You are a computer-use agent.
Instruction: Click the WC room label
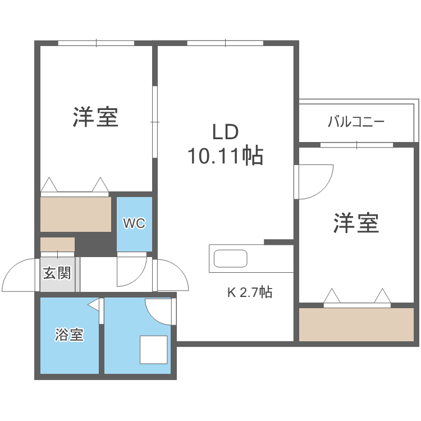(x=134, y=223)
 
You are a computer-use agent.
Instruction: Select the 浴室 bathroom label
(x=69, y=336)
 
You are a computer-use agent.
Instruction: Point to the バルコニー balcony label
(x=356, y=121)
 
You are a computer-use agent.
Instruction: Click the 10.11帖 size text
(x=225, y=155)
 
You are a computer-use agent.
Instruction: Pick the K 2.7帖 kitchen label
(x=249, y=292)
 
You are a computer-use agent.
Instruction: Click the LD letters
(x=225, y=132)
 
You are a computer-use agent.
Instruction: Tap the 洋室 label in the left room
(x=95, y=117)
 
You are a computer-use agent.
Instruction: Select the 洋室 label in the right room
(x=356, y=223)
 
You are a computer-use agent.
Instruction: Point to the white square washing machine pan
(x=153, y=350)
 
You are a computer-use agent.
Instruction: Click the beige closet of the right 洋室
(x=356, y=324)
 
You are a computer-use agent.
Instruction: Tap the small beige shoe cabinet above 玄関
(x=57, y=245)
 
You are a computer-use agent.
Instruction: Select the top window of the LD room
(x=225, y=43)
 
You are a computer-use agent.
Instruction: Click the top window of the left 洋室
(x=96, y=43)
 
